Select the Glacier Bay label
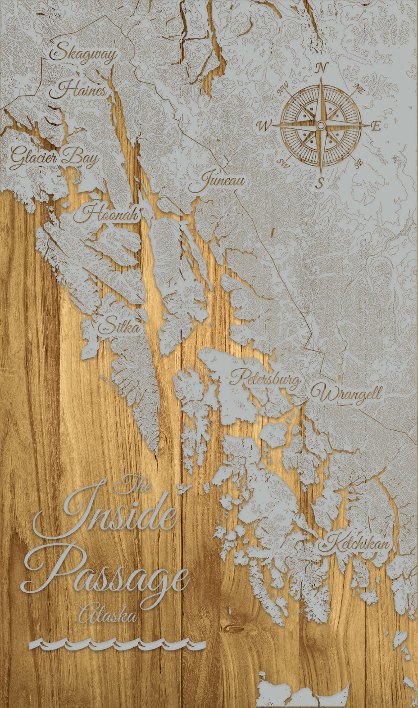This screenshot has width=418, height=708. (x=55, y=158)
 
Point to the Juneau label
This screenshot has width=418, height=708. (x=217, y=181)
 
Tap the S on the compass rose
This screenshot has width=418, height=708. (x=320, y=182)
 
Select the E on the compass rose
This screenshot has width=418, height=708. (x=377, y=127)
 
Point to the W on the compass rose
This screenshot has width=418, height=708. (x=264, y=125)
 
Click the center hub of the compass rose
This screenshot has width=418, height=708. (x=321, y=125)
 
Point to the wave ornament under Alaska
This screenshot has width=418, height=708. (x=117, y=645)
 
